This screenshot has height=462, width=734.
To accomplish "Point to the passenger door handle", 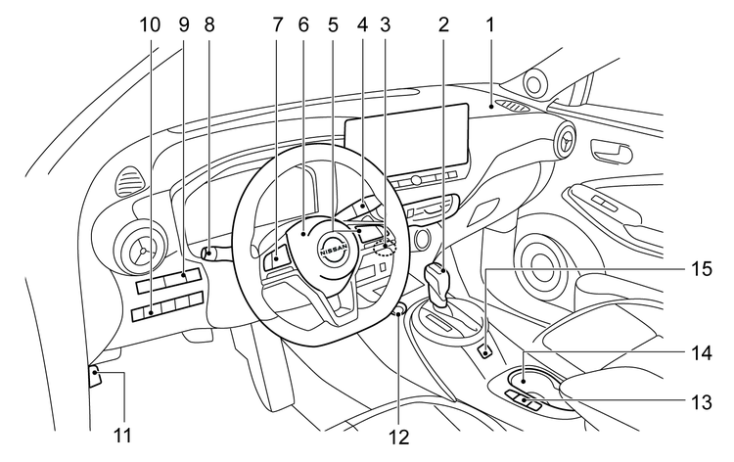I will point(612,152).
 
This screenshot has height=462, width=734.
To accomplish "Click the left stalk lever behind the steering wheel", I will point(215,253).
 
